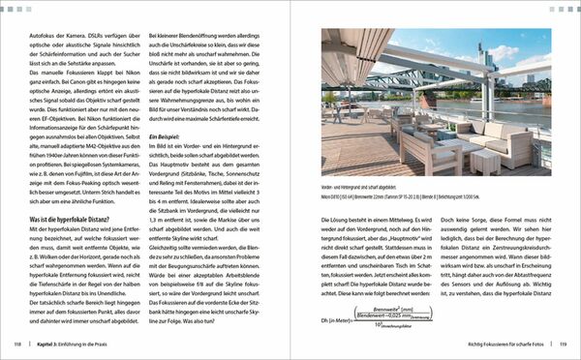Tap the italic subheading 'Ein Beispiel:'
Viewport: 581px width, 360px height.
(x=164, y=138)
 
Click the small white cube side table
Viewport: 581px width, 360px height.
(x=485, y=160)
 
